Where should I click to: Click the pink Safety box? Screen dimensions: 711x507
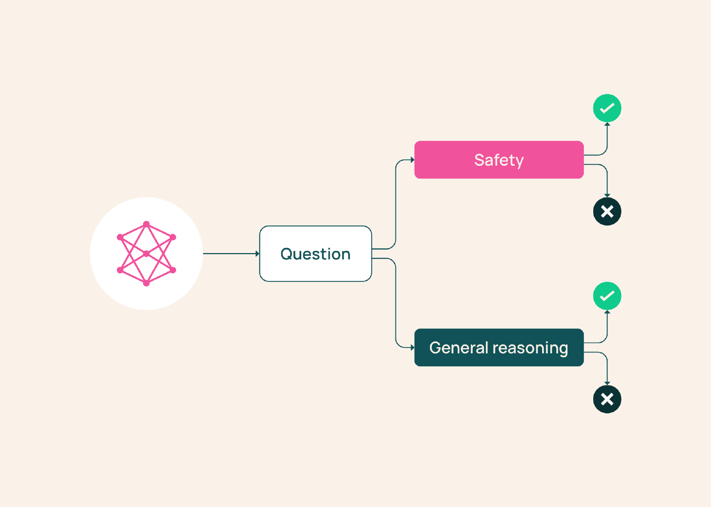(x=499, y=160)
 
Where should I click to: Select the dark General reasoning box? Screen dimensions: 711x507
(x=499, y=348)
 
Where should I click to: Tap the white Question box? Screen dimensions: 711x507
(x=316, y=253)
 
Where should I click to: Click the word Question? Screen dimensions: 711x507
(x=316, y=254)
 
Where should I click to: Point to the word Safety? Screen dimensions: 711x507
(x=499, y=160)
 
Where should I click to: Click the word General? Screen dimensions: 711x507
(x=459, y=348)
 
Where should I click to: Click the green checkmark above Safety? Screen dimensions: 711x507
(x=607, y=108)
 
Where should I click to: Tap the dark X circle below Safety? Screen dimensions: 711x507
(x=607, y=211)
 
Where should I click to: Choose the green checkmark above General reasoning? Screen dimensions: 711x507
(x=607, y=296)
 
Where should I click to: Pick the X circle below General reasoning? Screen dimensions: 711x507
(x=607, y=399)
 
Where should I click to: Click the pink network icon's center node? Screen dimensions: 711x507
(x=146, y=253)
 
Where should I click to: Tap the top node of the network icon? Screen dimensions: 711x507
(x=146, y=224)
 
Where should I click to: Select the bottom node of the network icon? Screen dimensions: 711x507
(x=146, y=283)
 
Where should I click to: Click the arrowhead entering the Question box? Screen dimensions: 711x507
(x=257, y=253)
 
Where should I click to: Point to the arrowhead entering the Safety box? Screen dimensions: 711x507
(x=413, y=160)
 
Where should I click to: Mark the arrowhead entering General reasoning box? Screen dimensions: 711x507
(x=413, y=348)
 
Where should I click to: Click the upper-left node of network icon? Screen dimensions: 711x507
(x=120, y=237)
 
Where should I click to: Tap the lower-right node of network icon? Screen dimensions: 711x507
(x=173, y=270)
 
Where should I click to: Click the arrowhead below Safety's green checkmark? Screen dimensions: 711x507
(x=607, y=124)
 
